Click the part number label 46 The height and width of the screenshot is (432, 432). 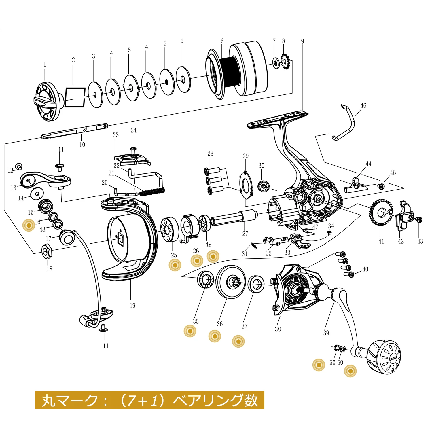363,106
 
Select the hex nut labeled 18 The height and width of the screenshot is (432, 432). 47,251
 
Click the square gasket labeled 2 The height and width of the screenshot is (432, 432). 75,97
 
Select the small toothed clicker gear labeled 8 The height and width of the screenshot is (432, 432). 285,61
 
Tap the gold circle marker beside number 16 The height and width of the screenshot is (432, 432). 29,225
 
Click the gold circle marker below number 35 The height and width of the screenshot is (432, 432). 190,331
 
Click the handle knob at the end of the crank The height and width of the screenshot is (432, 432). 384,357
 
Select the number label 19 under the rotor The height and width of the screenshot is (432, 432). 132,306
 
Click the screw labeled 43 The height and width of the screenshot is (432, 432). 420,220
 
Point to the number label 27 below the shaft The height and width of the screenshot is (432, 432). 245,234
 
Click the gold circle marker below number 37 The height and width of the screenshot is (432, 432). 238,341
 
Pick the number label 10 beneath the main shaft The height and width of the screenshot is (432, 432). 82,145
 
